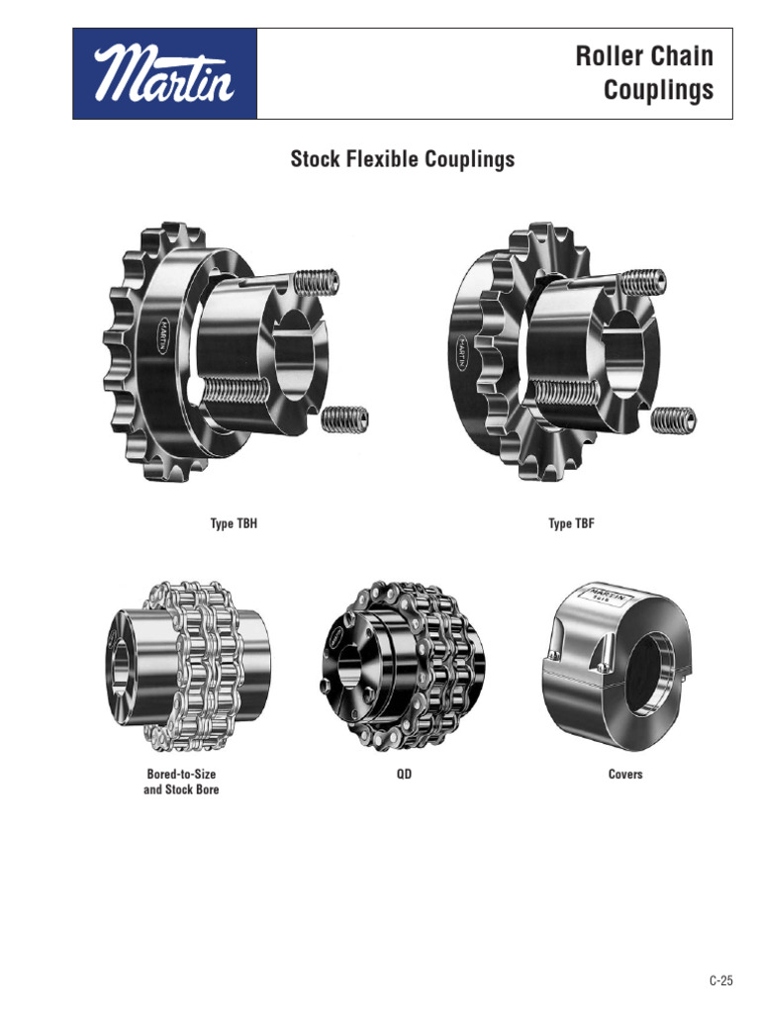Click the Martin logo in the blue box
(164, 74)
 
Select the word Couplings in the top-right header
(658, 91)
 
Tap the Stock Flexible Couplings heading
(402, 159)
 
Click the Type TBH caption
(234, 523)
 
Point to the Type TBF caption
(572, 523)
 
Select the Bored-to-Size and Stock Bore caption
(181, 782)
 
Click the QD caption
(403, 774)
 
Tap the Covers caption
(624, 774)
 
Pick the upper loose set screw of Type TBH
(317, 284)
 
